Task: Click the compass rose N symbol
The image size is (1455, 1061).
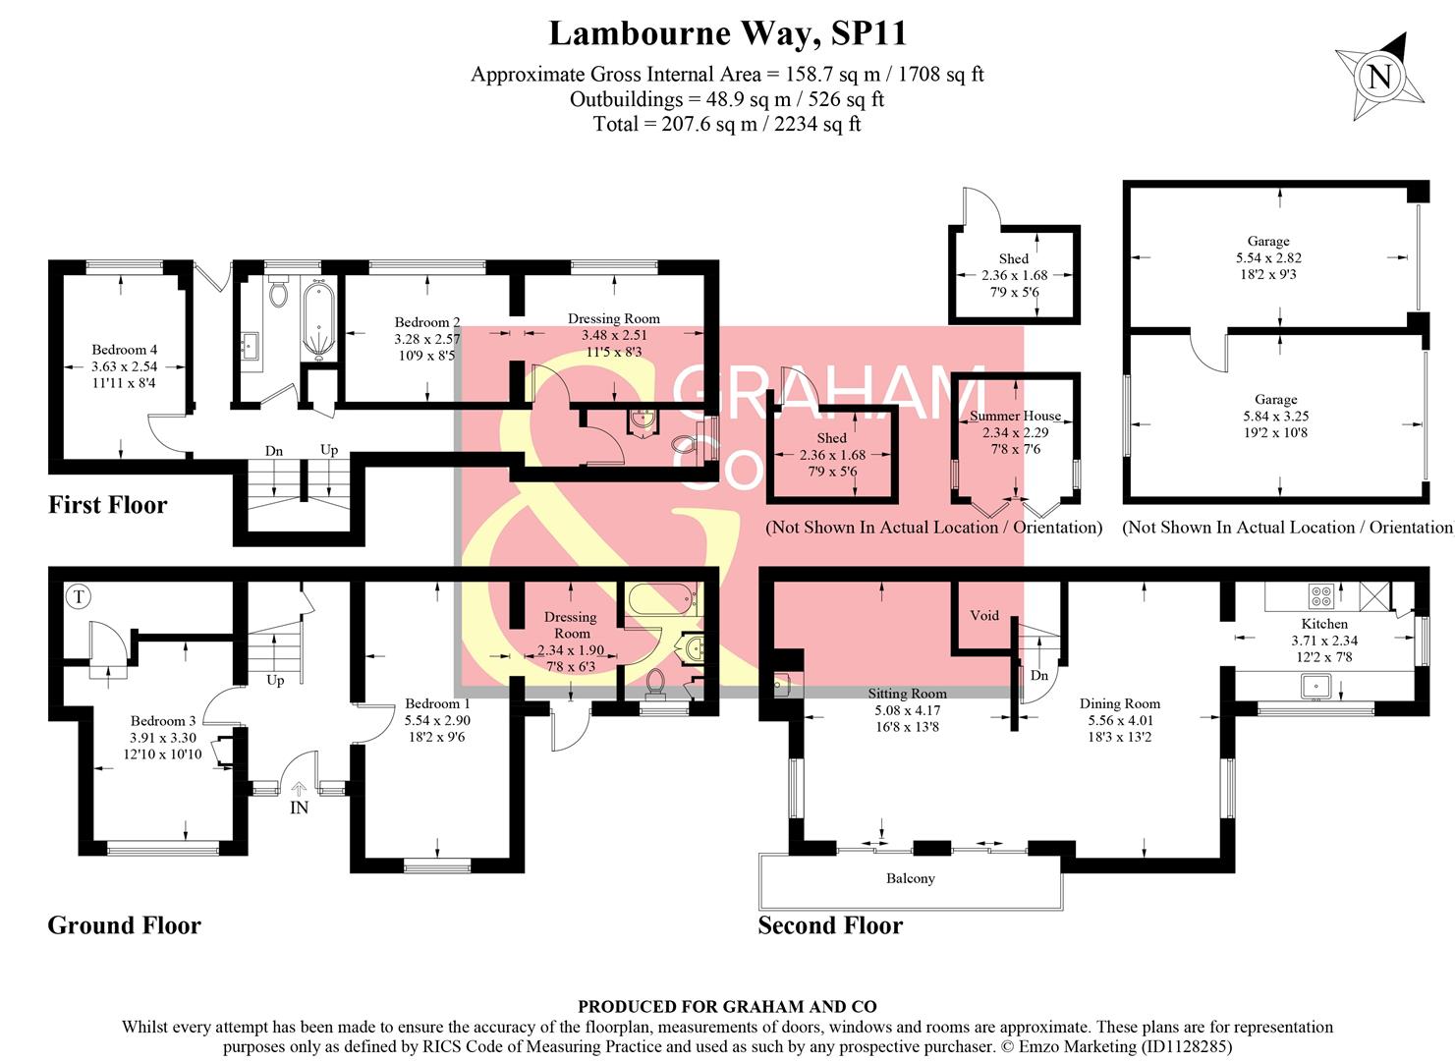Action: click(1379, 76)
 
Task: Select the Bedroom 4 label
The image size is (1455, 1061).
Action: click(124, 350)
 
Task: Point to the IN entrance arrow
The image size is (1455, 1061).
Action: click(299, 789)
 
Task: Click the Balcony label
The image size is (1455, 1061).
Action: click(910, 878)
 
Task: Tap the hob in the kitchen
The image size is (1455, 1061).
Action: click(1320, 594)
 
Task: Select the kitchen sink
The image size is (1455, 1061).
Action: click(1315, 685)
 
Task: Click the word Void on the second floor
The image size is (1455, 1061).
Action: click(983, 616)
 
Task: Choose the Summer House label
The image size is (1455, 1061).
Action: click(1015, 416)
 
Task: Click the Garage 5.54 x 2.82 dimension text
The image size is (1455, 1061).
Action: click(1268, 257)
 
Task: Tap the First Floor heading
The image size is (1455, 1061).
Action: click(108, 505)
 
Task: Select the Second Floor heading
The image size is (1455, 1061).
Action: click(830, 925)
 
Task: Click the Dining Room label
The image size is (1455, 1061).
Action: click(1119, 703)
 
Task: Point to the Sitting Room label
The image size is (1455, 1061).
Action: click(907, 694)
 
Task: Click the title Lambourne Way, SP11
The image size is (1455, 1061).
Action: click(727, 33)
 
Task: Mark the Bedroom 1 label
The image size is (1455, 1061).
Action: click(437, 703)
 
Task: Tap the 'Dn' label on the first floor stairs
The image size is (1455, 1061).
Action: click(274, 451)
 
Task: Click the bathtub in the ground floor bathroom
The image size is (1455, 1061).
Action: click(661, 598)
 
